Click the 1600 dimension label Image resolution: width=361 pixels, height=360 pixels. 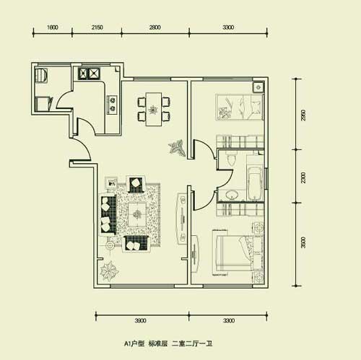[53, 27]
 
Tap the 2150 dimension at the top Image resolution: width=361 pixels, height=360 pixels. [97, 27]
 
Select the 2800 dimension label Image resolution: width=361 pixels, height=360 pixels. [155, 27]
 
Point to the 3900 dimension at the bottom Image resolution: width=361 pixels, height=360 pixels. [140, 320]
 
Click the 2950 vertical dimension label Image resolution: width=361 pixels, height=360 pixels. [303, 115]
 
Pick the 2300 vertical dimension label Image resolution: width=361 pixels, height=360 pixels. [303, 177]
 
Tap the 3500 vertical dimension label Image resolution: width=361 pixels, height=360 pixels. [303, 242]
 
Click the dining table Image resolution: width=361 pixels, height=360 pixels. [154, 109]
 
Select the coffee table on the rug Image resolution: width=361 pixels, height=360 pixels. [137, 214]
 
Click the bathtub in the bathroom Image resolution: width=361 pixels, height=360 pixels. [255, 183]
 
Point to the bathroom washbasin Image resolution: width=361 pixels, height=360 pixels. [232, 195]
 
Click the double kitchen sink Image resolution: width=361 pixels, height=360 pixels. [89, 74]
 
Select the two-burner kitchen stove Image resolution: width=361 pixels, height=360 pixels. [113, 105]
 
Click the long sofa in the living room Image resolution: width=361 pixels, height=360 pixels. [108, 214]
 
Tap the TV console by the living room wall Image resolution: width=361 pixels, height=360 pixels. [181, 219]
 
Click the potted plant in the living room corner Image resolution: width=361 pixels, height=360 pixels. [109, 271]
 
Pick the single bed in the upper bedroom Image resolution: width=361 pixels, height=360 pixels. [239, 107]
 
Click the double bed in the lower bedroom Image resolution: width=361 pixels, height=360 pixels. [236, 253]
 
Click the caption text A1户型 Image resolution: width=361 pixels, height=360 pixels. [134, 343]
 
